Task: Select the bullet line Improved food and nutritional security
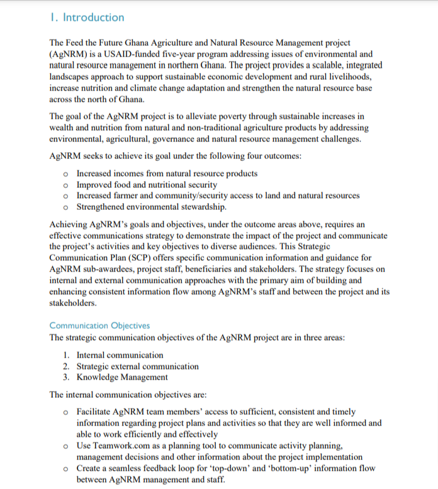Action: point(147,185)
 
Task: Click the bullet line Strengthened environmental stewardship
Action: point(152,207)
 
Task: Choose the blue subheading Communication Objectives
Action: point(99,326)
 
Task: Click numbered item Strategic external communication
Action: point(137,366)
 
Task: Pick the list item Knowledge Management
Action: point(122,377)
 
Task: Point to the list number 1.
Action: point(66,355)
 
